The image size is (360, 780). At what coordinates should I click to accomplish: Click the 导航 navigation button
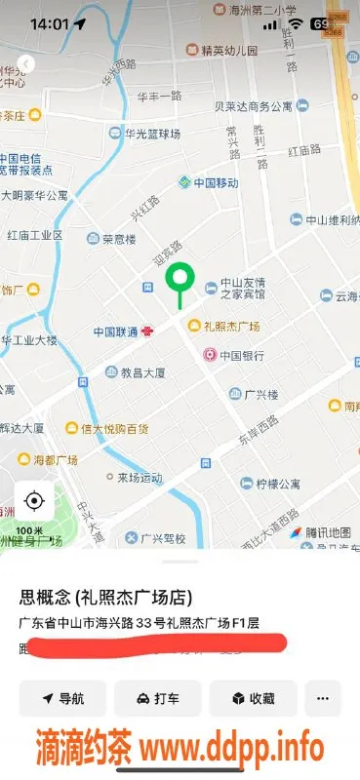62,699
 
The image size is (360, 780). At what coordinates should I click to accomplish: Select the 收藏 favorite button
253,699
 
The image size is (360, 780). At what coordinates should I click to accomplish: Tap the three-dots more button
323,699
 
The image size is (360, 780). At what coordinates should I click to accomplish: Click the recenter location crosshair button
34,501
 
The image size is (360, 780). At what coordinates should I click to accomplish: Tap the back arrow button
26,64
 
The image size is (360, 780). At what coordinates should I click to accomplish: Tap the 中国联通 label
116,332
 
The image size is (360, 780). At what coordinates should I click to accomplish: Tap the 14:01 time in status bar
49,23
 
